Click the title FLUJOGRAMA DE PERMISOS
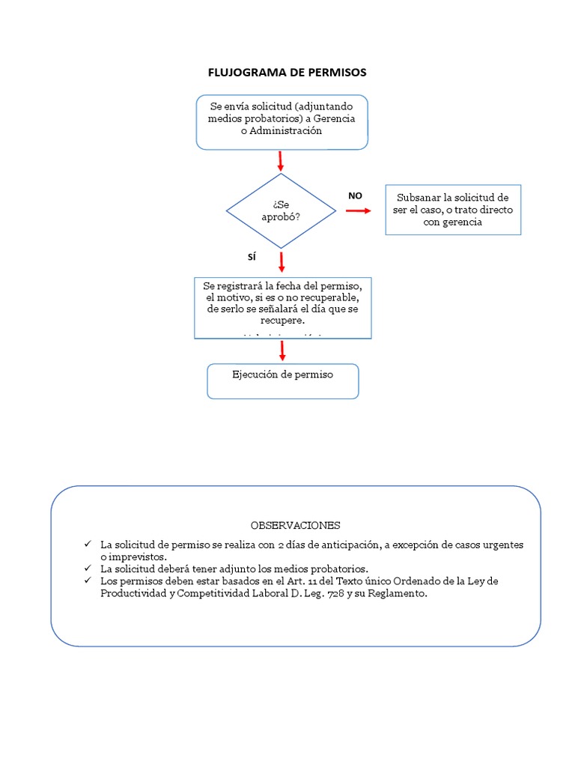coord(287,73)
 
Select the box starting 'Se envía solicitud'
coord(282,121)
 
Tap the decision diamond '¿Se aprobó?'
coord(282,211)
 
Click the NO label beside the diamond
coord(355,195)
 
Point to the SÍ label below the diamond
coord(252,257)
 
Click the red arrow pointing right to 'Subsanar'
coord(358,211)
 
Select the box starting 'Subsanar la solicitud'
coord(453,210)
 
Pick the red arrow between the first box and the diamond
coord(281,161)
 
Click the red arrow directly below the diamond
coord(282,261)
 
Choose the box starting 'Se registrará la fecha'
coord(282,308)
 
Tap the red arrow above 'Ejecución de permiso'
coord(282,351)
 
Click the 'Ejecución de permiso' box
coord(282,381)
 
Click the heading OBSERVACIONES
coord(295,525)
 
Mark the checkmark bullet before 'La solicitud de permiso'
coord(88,544)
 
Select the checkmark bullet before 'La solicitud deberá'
coord(88,569)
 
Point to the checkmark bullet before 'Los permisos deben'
coord(88,581)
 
